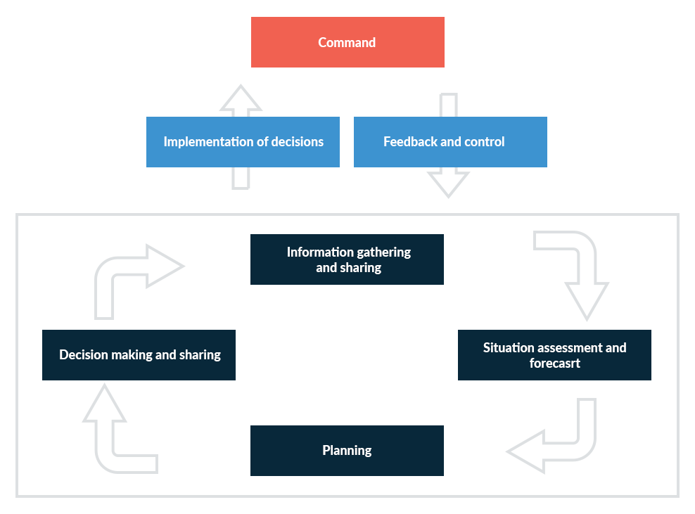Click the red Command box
tap(347, 42)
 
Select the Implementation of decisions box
tap(243, 142)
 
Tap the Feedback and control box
tap(450, 142)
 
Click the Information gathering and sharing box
tap(347, 259)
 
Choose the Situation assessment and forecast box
tap(554, 355)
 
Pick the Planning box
tap(347, 451)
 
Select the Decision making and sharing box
tap(139, 355)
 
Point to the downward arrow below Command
tap(448, 181)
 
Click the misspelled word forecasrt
tap(555, 364)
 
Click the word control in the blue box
tap(485, 142)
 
